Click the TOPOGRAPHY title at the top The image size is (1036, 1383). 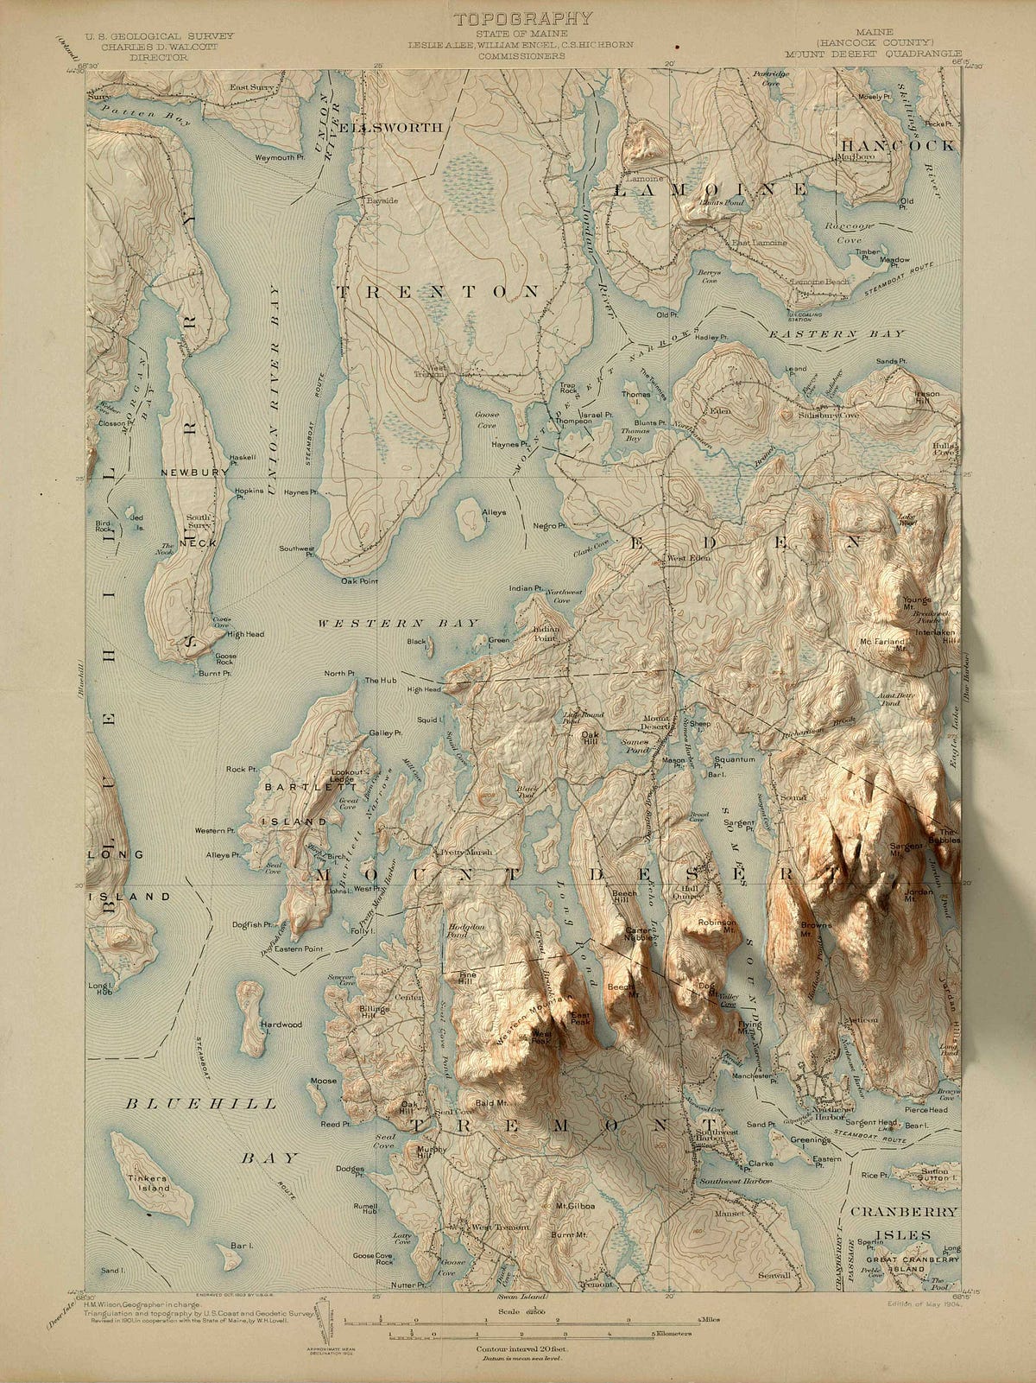(x=523, y=18)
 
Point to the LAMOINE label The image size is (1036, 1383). (x=711, y=188)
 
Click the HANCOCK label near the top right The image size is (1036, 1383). (x=898, y=145)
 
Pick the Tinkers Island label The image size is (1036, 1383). (x=148, y=1183)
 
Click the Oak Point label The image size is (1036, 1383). (x=359, y=581)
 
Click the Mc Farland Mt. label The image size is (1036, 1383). (x=882, y=644)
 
